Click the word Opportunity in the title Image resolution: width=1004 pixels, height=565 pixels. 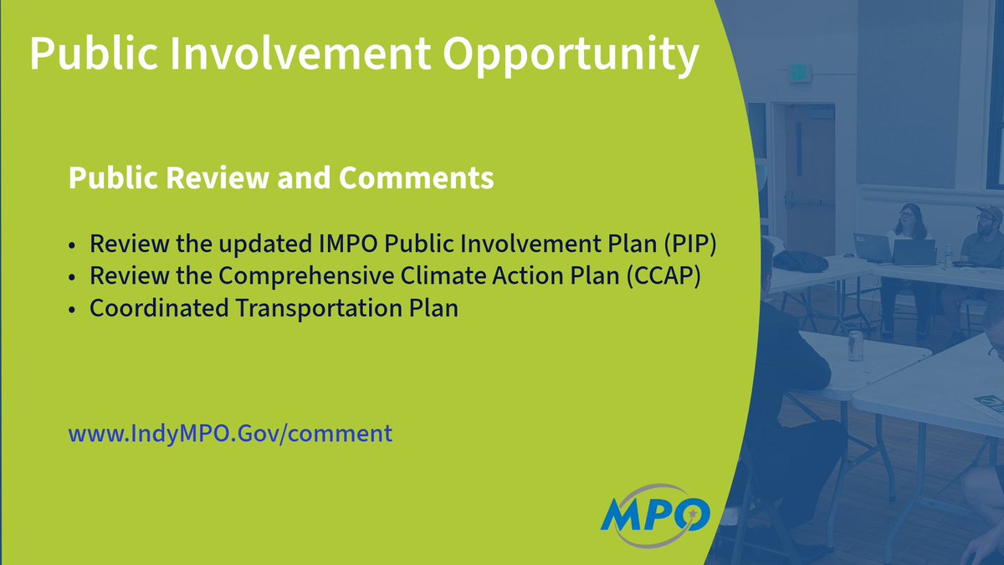[571, 55]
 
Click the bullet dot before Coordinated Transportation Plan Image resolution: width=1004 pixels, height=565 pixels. [74, 310]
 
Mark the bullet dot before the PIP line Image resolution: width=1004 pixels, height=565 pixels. [74, 247]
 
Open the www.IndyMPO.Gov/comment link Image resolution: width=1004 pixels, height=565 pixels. [230, 434]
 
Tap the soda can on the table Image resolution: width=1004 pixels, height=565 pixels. [855, 345]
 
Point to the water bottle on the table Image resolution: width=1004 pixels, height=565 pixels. [947, 254]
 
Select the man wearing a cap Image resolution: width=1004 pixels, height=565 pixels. [986, 243]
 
